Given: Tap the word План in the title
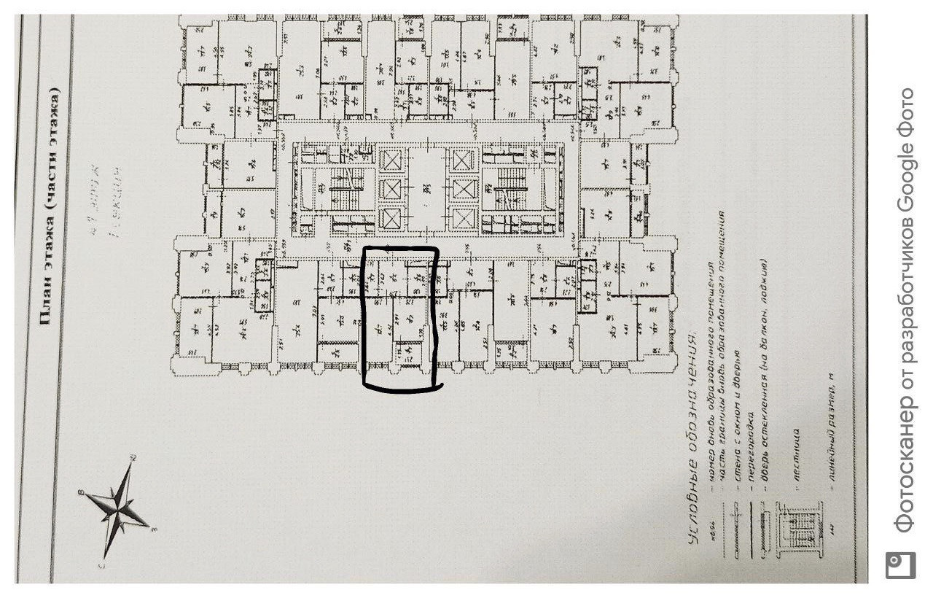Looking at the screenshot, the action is click(x=45, y=306).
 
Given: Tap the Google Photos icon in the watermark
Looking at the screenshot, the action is click(x=901, y=566).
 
